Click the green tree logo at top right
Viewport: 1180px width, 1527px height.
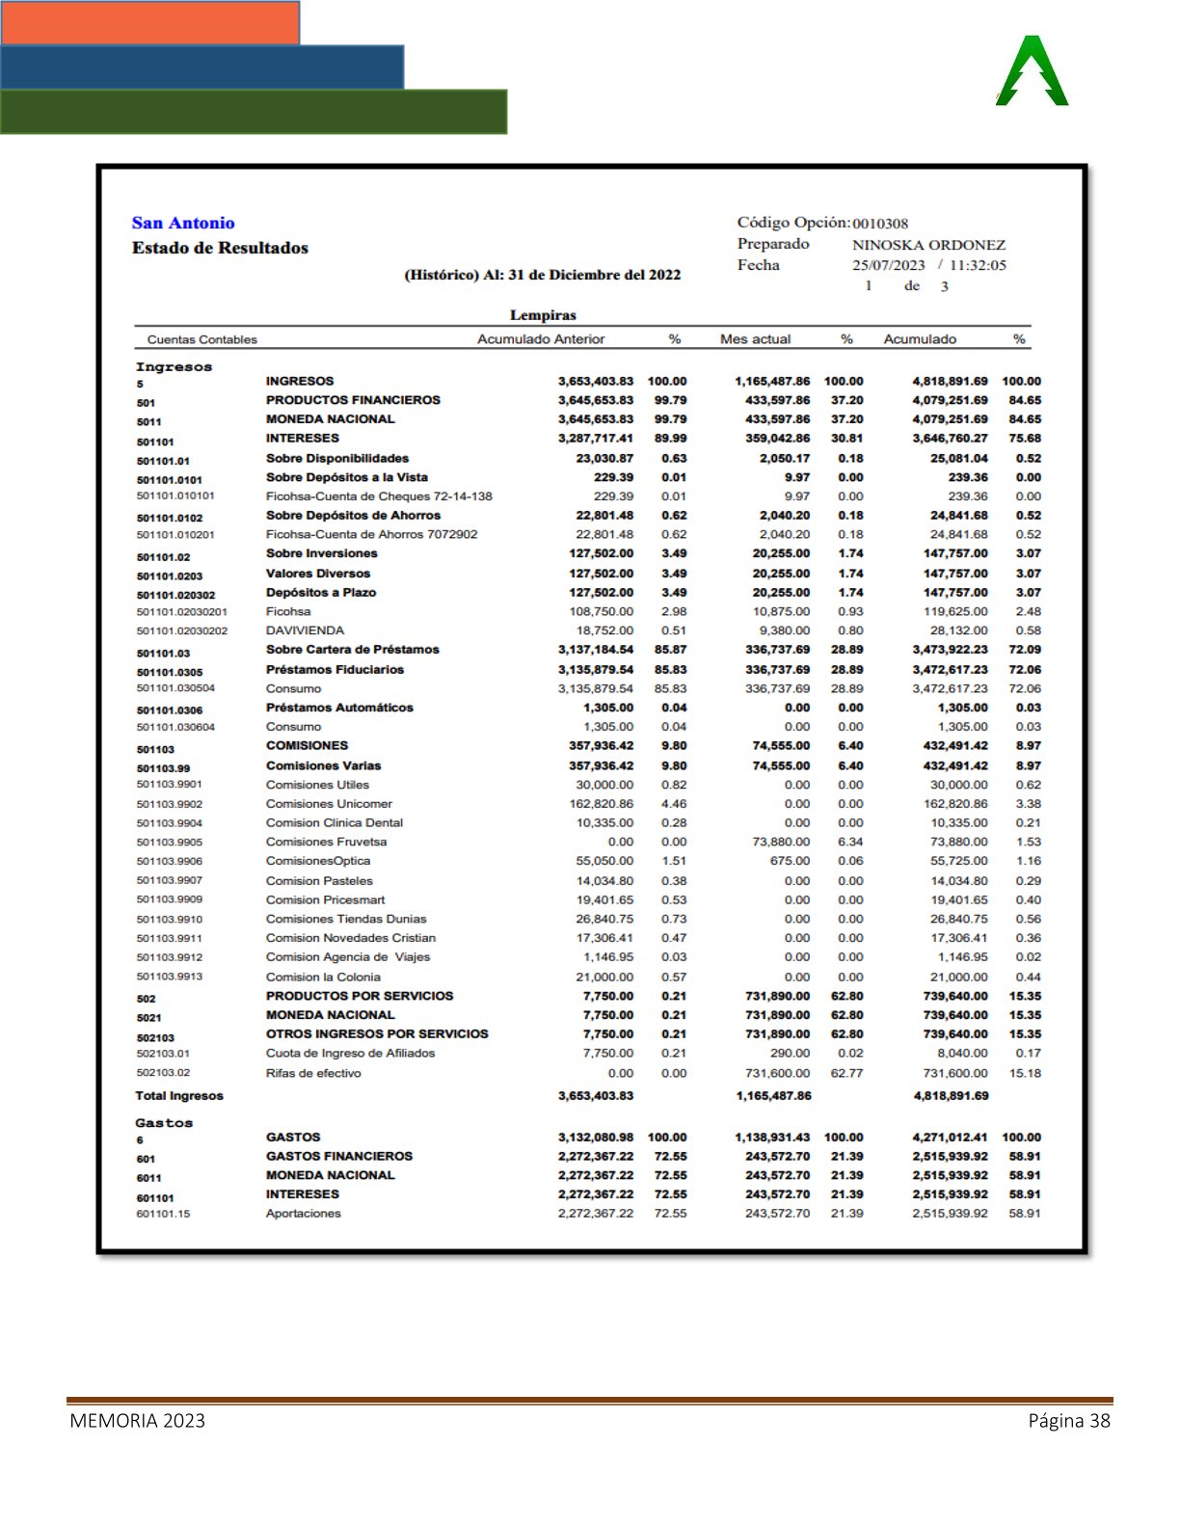[x=1032, y=71]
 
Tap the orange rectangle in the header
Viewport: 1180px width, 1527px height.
[x=150, y=23]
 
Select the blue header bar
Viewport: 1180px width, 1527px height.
[x=202, y=67]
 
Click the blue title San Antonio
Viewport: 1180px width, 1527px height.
[x=183, y=223]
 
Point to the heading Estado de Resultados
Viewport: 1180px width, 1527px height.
[x=220, y=248]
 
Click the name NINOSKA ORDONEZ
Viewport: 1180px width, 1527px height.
[x=928, y=245]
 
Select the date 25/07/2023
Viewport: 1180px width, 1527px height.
[x=888, y=265]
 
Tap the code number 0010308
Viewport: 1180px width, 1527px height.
[x=880, y=224]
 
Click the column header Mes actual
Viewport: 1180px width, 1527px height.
[x=755, y=339]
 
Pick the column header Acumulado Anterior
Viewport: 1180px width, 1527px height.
[x=541, y=339]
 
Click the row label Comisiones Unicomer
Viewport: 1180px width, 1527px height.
[x=329, y=804]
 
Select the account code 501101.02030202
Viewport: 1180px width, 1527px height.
[x=182, y=630]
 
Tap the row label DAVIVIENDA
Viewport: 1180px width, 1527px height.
[x=305, y=630]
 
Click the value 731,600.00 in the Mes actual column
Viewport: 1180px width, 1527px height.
[x=777, y=1073]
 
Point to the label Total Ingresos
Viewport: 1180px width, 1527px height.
[x=179, y=1096]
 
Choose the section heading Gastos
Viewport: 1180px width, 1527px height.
[x=164, y=1123]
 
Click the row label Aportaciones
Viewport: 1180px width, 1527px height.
[x=304, y=1214]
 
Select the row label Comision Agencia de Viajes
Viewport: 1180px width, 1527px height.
[x=348, y=957]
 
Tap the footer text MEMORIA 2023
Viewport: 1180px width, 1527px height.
[x=137, y=1421]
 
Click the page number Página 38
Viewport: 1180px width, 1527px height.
[x=1069, y=1421]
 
